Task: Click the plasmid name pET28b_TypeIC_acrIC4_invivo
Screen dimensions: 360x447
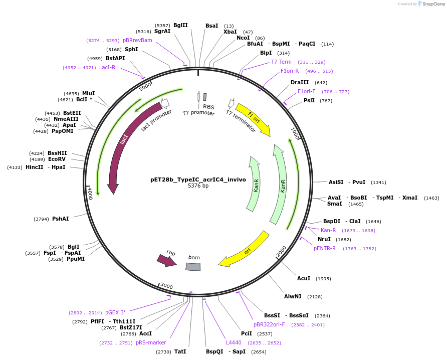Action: click(198, 179)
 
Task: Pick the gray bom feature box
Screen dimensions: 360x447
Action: click(193, 267)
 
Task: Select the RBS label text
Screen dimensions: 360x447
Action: click(208, 107)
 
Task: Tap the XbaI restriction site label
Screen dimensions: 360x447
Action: click(230, 32)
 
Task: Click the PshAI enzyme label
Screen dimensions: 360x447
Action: click(60, 219)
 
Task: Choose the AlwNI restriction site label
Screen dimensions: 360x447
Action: click(293, 296)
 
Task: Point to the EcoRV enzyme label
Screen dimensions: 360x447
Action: click(57, 159)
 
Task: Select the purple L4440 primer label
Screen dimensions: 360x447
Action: click(234, 343)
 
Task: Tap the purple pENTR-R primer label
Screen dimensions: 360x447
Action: click(325, 248)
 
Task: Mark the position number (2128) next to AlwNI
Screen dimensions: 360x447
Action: click(315, 297)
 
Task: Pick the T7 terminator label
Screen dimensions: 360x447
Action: click(241, 122)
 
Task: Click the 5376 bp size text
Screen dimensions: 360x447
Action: click(198, 186)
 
